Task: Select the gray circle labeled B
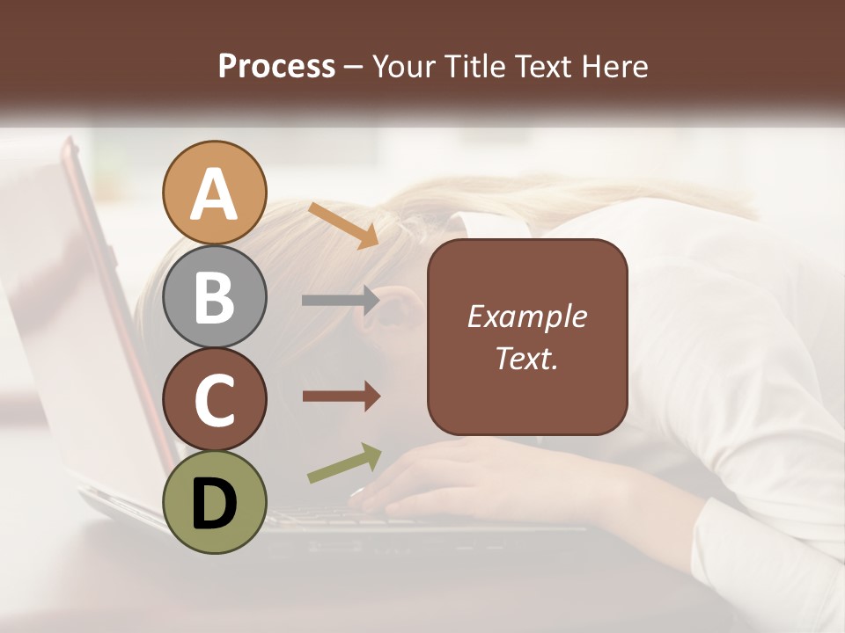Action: [x=215, y=296]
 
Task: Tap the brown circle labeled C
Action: [x=215, y=399]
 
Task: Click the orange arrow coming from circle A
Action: [x=343, y=225]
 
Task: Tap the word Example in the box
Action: [x=526, y=316]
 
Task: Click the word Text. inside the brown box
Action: [x=526, y=358]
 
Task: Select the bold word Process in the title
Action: [x=276, y=66]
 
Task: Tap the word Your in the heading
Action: [x=404, y=66]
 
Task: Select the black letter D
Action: [x=215, y=504]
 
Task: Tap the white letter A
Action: [x=215, y=193]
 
